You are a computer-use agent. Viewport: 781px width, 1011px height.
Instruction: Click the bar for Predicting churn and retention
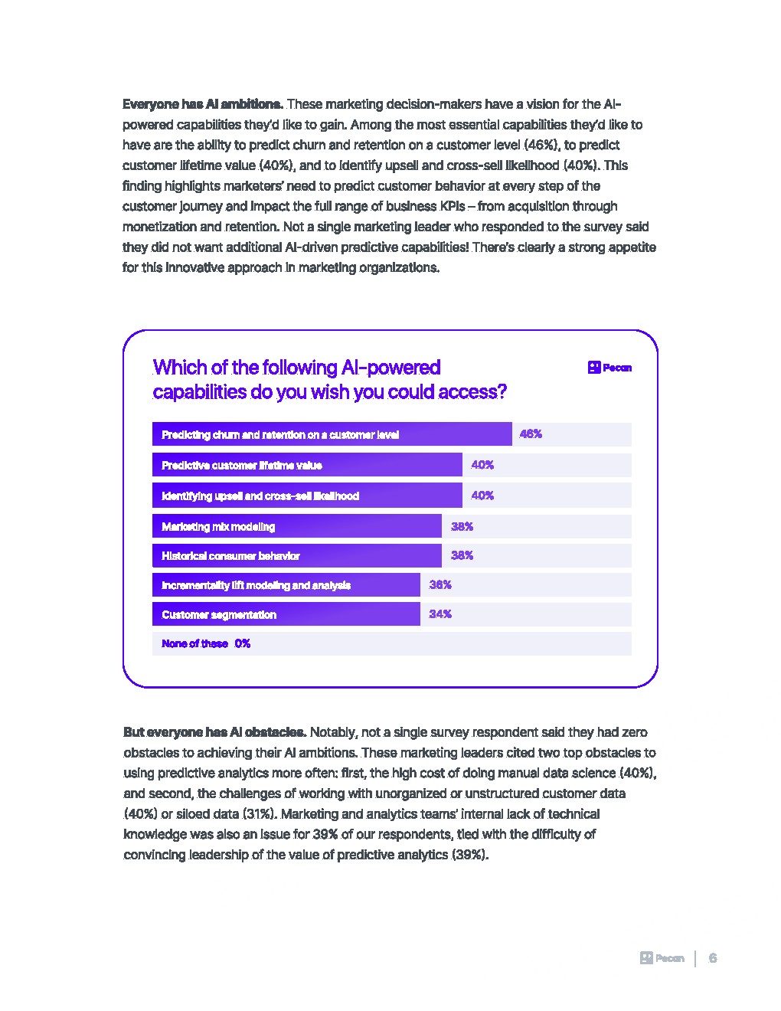[x=332, y=434]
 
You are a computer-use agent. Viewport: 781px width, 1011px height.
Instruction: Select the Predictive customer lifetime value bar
[x=307, y=465]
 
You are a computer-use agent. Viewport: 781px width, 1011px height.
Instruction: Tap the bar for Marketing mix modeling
[x=296, y=526]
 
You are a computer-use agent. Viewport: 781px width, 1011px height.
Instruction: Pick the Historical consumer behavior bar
[x=296, y=555]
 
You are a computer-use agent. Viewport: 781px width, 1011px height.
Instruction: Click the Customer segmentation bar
[x=286, y=614]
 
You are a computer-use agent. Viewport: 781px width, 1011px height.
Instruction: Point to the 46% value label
[x=531, y=434]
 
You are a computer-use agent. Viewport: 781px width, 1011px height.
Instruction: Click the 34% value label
[x=440, y=614]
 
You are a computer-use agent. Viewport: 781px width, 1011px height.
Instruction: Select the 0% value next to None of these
[x=243, y=643]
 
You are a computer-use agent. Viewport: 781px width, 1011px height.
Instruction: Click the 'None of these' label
[x=194, y=643]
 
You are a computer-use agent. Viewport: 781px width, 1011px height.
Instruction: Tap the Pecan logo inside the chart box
[x=609, y=368]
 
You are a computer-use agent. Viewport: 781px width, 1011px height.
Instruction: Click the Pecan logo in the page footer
[x=662, y=958]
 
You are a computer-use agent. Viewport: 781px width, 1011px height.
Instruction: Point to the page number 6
[x=713, y=958]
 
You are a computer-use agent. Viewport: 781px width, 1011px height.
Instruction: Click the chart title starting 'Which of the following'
[x=329, y=380]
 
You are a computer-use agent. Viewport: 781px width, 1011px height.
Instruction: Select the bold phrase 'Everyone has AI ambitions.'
[x=203, y=104]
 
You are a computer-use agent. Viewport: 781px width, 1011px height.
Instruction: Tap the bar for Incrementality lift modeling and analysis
[x=286, y=585]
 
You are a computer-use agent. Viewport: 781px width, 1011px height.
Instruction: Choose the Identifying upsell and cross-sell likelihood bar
[x=307, y=496]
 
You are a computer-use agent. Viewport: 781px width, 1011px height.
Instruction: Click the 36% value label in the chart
[x=440, y=585]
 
